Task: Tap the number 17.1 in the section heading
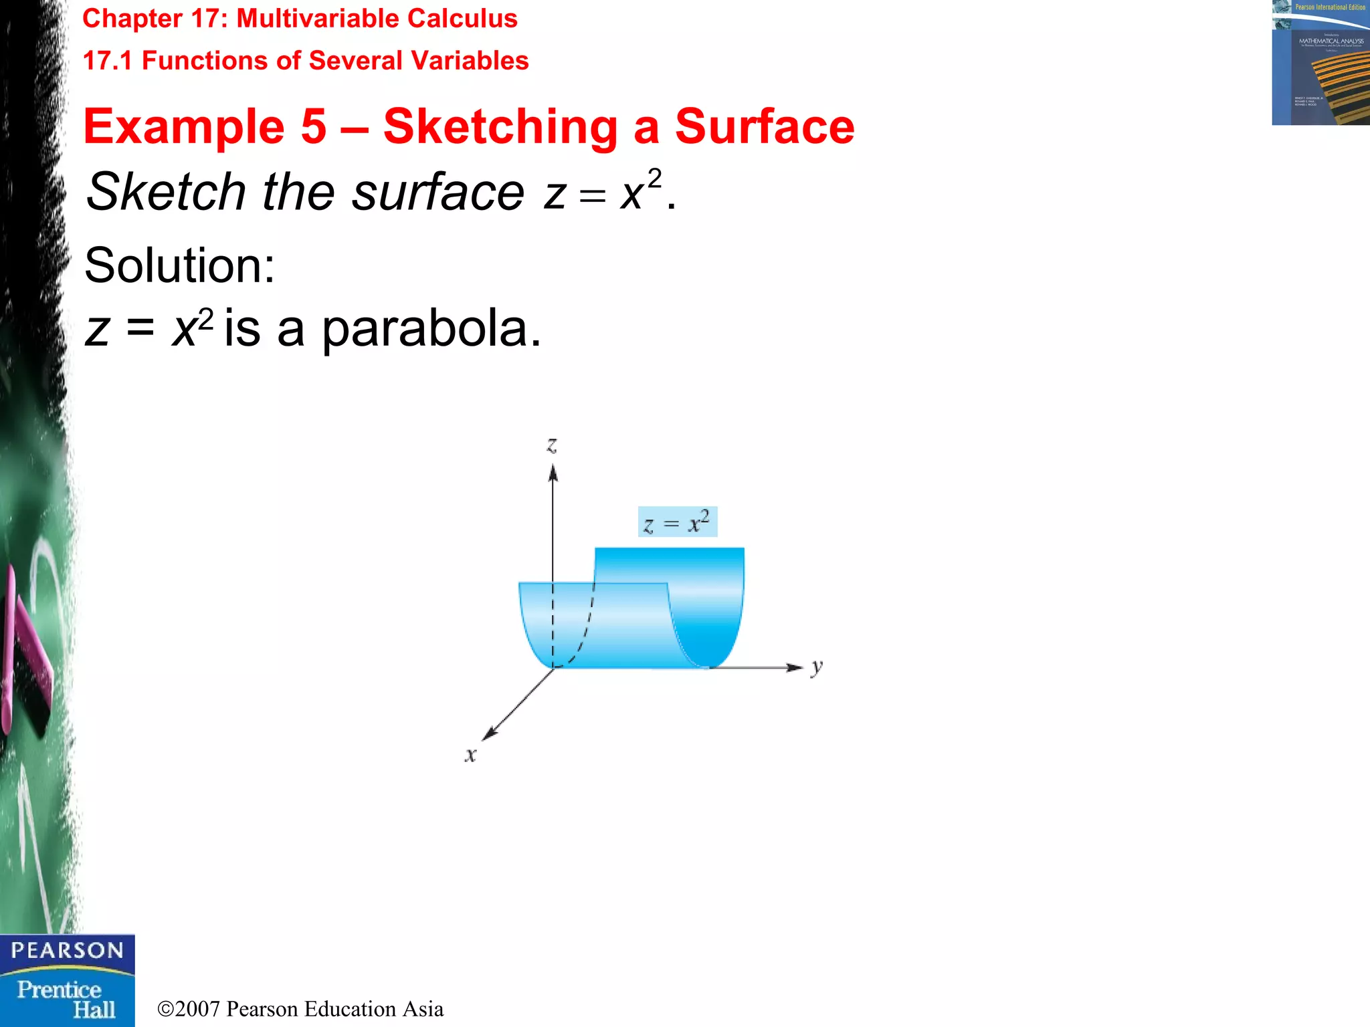(107, 61)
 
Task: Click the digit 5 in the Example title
(313, 126)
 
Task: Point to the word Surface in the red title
(764, 126)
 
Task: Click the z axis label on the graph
(552, 445)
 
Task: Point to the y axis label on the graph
(817, 667)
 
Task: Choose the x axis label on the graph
(471, 755)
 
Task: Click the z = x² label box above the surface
(677, 522)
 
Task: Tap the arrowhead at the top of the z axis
(553, 473)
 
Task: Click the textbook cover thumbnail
(1320, 62)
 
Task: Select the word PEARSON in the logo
(67, 950)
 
